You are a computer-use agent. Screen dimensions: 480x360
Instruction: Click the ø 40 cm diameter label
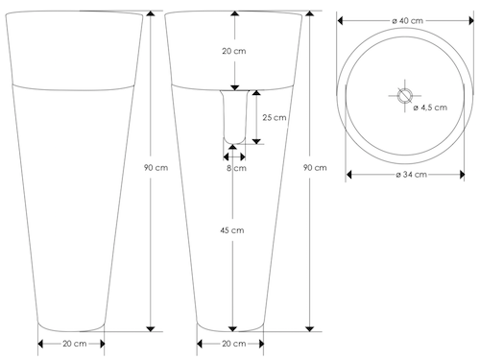coord(407,21)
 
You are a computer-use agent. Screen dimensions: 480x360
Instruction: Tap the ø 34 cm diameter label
coord(411,175)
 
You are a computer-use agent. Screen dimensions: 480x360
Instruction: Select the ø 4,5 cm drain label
coord(430,108)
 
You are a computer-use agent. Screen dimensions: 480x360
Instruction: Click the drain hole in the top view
coord(404,95)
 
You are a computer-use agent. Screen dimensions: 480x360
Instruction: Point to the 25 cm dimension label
coord(275,117)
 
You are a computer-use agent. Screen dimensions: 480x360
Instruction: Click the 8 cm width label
coord(236,168)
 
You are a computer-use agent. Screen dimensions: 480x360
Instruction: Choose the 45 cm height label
coord(232,230)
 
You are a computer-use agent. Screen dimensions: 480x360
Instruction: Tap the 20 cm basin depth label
coord(234,51)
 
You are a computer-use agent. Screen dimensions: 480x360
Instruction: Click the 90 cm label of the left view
coord(156,168)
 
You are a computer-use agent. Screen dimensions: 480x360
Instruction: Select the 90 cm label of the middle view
coord(315,168)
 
